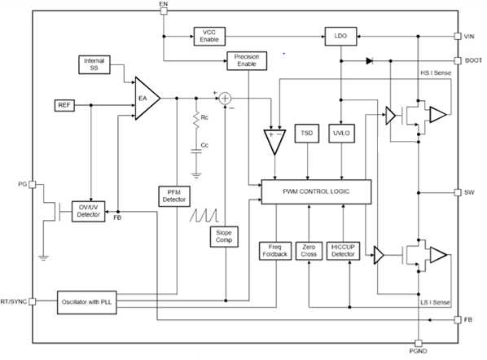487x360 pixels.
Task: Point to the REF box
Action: point(64,106)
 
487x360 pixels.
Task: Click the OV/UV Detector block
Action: point(89,212)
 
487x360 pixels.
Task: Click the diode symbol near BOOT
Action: point(371,60)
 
